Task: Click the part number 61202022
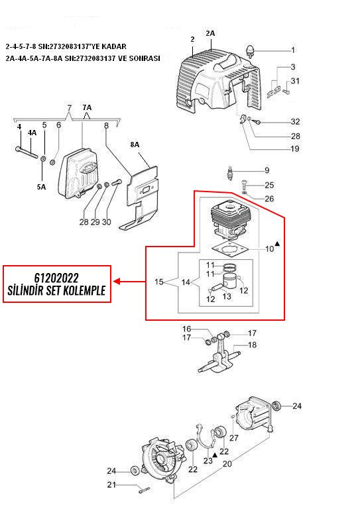56,278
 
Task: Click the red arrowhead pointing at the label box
117,282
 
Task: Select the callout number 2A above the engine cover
210,33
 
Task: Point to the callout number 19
295,148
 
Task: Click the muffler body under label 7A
78,173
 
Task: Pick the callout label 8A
135,144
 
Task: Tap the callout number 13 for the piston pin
227,296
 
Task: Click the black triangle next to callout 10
277,243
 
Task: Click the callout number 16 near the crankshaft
187,329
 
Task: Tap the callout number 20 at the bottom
227,463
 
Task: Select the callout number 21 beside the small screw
111,484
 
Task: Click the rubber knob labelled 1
251,51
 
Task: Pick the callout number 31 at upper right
295,80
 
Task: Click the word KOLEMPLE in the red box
84,290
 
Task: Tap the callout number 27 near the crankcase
234,437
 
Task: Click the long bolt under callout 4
27,152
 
